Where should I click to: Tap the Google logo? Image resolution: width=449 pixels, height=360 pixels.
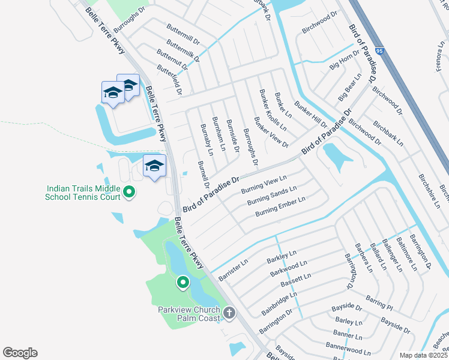coord(20,353)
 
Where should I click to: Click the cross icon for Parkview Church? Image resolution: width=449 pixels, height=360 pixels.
coord(229,313)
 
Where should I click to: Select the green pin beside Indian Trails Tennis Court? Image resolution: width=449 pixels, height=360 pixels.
coord(129,192)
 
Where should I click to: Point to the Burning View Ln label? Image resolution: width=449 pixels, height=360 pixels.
coord(264,184)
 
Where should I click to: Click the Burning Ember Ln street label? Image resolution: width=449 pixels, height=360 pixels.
coord(280,205)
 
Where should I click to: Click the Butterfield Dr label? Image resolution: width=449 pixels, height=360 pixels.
coord(169,79)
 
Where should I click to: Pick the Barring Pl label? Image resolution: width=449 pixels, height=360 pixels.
coord(379,302)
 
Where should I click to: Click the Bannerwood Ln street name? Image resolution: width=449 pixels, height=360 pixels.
coord(348,346)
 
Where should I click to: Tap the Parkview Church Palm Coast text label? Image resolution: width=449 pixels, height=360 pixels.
coord(190,314)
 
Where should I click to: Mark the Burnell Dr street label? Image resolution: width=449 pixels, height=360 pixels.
coord(204,173)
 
